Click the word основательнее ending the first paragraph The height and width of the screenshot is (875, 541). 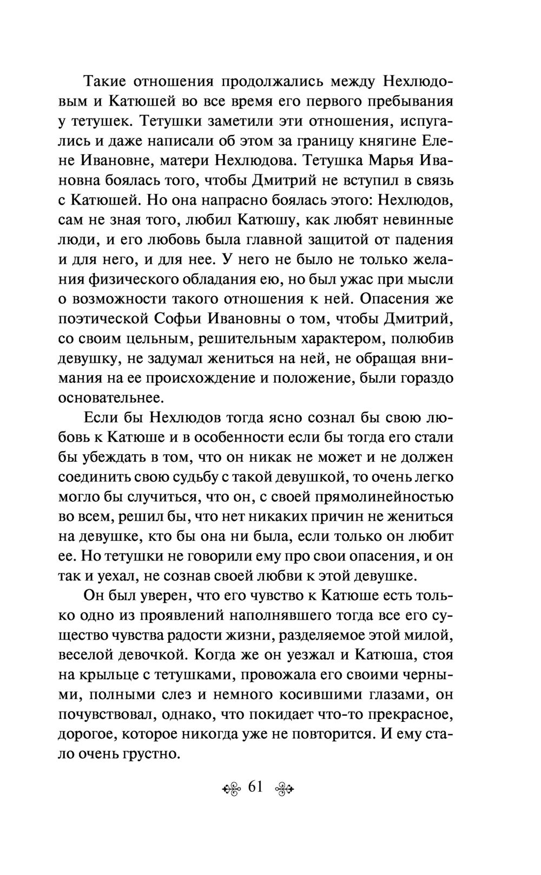point(110,398)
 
